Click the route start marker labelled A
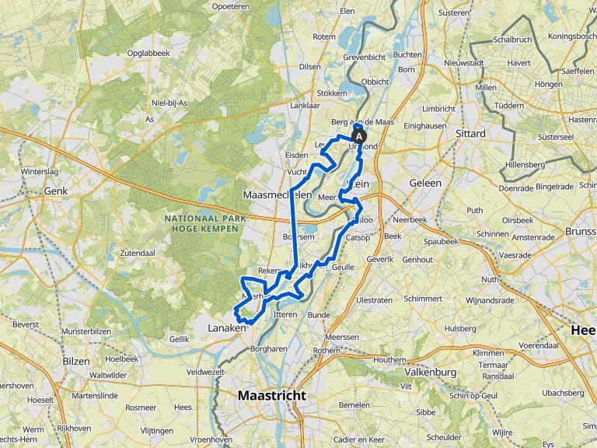358,136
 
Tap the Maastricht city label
272,394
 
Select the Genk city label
56,190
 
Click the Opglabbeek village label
148,52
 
